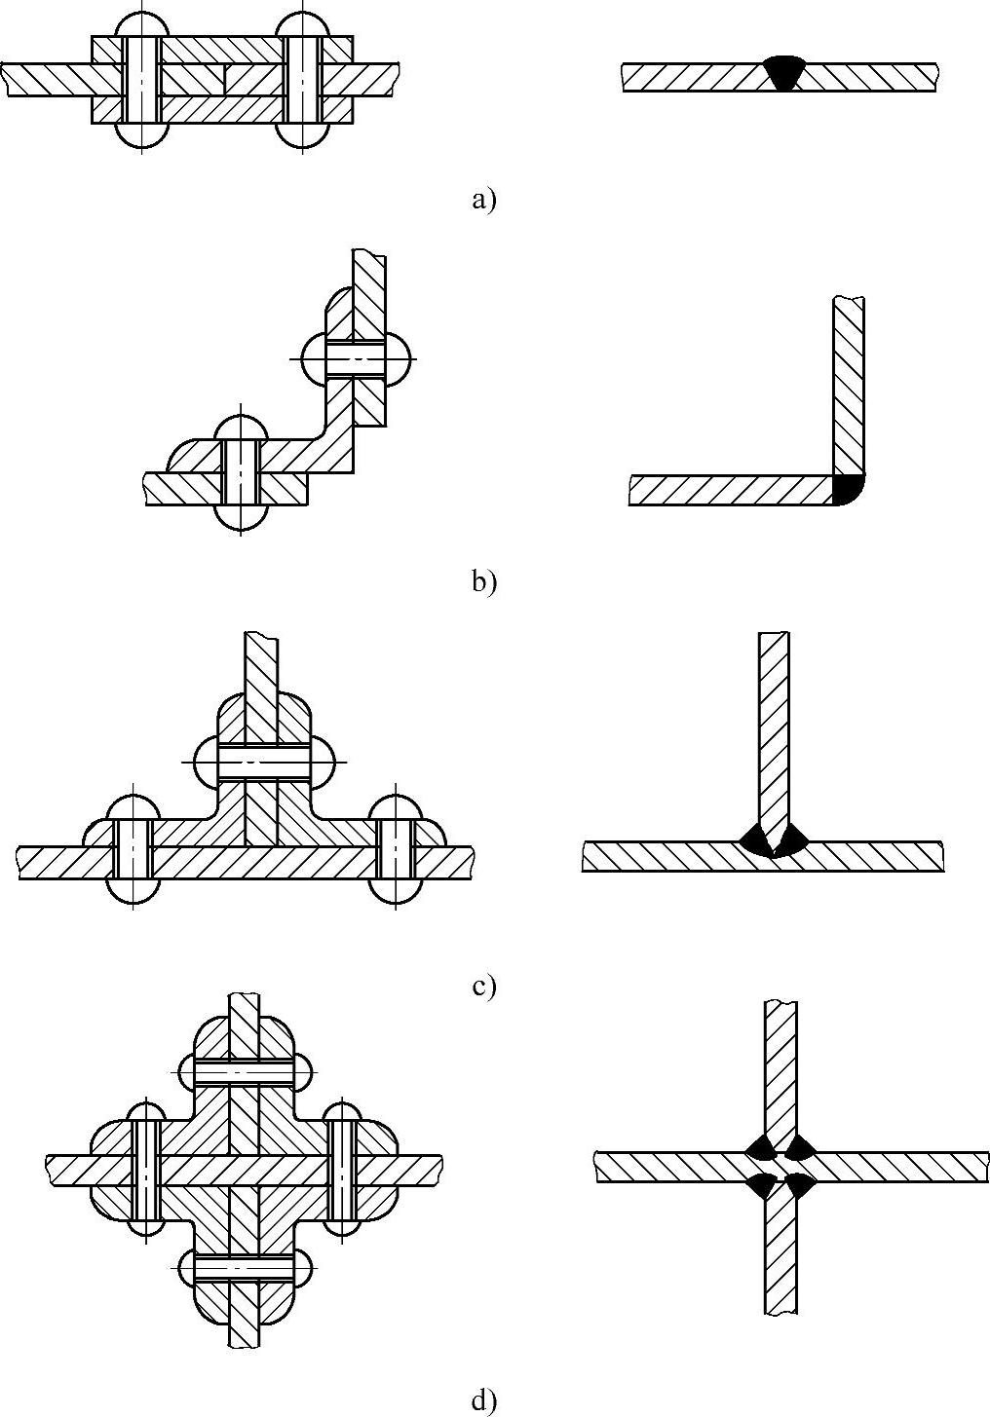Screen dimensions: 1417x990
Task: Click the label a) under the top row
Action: point(483,200)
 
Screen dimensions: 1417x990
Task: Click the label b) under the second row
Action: point(483,581)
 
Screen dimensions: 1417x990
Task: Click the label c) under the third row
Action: point(483,986)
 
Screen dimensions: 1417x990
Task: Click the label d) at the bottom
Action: point(483,1400)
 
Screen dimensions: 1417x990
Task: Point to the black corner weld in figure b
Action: point(847,490)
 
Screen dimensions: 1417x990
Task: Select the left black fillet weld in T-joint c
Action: point(755,838)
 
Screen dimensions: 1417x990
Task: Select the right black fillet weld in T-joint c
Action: point(790,838)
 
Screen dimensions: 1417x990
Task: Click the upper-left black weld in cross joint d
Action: point(761,1146)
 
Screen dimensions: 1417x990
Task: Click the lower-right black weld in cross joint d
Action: point(800,1184)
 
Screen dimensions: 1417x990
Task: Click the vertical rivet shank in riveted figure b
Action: point(241,471)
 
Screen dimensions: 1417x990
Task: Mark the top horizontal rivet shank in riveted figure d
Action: point(244,1071)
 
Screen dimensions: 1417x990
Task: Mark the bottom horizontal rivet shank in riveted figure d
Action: point(244,1266)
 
